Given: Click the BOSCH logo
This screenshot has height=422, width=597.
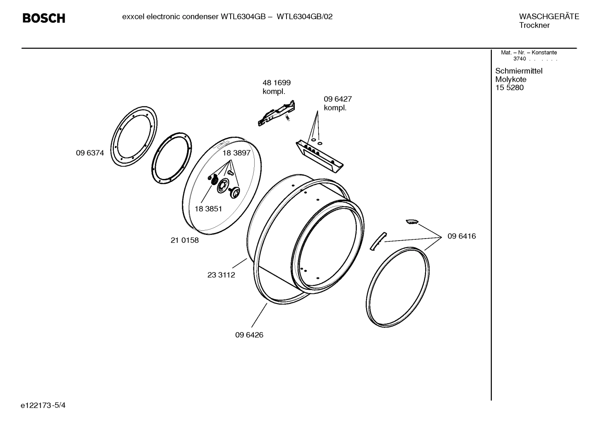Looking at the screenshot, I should click(43, 18).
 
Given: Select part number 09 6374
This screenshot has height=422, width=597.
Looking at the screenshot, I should click(90, 153).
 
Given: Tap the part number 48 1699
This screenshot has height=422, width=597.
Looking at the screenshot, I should click(277, 83).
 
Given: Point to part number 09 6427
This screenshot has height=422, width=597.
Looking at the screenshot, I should click(337, 99).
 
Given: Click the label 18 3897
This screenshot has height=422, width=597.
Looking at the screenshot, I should click(236, 153).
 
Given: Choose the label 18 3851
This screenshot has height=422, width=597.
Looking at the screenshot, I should click(208, 209).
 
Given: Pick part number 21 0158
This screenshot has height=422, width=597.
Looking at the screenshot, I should click(185, 240).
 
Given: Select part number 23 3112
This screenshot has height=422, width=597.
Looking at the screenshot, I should click(221, 275).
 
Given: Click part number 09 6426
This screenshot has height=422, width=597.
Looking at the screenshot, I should click(249, 335).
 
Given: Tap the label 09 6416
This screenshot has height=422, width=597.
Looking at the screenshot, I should click(462, 236).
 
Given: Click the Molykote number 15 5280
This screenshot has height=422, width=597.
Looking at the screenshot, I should click(509, 88).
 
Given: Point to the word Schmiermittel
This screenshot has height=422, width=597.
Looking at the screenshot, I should click(519, 71).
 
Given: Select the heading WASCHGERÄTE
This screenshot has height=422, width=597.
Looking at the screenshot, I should click(549, 17).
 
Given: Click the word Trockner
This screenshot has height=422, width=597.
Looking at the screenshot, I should click(534, 25).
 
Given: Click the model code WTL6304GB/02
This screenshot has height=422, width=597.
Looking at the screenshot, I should click(304, 17).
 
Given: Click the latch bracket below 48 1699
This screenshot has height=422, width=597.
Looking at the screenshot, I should click(277, 113).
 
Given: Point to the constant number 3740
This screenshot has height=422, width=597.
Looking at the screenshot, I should click(519, 59).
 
